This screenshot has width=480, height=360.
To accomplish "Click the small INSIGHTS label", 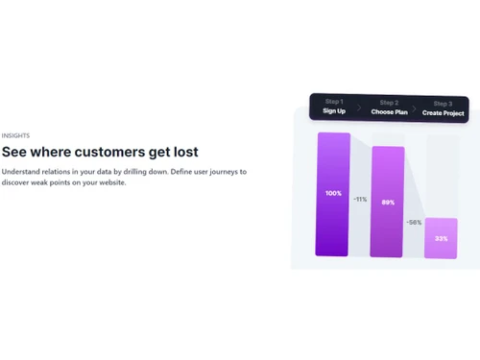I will point(15,136).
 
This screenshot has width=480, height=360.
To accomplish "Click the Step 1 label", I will point(334,103).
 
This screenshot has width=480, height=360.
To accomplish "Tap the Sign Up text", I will point(334,111).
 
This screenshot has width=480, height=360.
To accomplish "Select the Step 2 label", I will point(389,103).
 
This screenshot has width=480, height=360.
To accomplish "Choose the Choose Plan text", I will point(390,111).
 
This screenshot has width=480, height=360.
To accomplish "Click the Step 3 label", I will point(443,103).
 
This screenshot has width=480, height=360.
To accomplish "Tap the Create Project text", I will point(444,111).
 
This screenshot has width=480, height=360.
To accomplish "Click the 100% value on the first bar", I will point(333,194).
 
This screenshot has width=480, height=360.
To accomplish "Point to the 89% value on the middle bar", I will point(388,203).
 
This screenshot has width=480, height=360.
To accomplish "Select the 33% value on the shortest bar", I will point(441,238).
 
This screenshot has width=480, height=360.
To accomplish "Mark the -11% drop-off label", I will point(360,200).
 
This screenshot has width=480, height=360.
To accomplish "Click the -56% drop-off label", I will point(414,223).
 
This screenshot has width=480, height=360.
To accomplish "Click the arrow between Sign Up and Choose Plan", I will point(361,108).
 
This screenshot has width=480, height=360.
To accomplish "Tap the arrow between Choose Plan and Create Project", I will point(416,108).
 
